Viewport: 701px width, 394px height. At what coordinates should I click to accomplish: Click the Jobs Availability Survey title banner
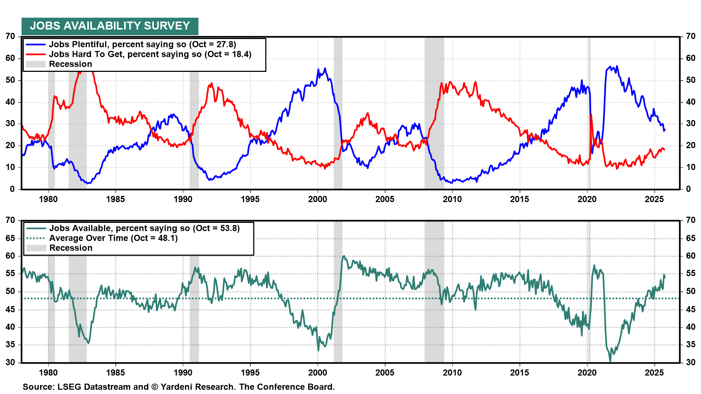click(110, 26)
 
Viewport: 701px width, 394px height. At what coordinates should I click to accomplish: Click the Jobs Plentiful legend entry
click(142, 45)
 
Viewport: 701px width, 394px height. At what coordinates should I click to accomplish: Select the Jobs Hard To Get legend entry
click(150, 54)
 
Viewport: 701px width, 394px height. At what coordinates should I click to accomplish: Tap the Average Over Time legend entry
click(113, 238)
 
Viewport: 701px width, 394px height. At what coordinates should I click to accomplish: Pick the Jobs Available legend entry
click(144, 228)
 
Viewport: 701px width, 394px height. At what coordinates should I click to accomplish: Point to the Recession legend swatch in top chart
click(36, 64)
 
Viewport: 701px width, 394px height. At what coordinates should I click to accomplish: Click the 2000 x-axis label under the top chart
click(317, 199)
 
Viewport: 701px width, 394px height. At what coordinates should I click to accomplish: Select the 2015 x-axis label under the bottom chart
click(519, 372)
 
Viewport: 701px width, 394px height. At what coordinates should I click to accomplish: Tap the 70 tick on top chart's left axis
click(10, 36)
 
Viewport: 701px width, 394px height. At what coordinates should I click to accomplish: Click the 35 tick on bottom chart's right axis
click(690, 345)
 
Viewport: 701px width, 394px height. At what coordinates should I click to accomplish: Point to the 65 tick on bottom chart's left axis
click(10, 238)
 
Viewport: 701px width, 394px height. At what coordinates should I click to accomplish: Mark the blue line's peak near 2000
click(325, 68)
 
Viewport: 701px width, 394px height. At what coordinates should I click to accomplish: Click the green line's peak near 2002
click(344, 256)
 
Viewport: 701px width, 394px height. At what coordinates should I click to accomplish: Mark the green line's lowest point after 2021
click(610, 361)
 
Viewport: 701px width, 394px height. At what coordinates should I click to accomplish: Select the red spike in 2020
click(591, 115)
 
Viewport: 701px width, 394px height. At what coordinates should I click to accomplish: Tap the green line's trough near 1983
click(88, 343)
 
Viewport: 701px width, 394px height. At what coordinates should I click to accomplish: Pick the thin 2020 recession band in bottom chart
click(589, 310)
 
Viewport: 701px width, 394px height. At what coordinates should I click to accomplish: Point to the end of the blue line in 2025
click(665, 130)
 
